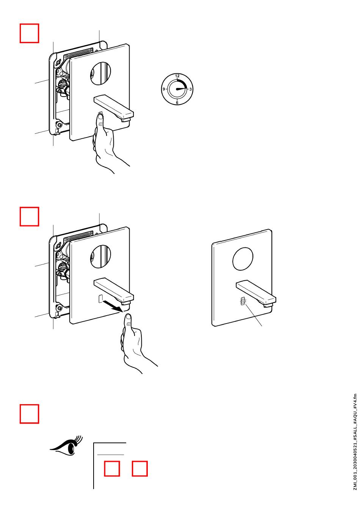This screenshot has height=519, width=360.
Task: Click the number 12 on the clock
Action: pyautogui.click(x=177, y=76)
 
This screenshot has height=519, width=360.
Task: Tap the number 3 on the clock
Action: pyautogui.click(x=191, y=89)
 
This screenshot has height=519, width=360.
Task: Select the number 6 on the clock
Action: pyautogui.click(x=177, y=103)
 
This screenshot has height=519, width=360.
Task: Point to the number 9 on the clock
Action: pyautogui.click(x=164, y=89)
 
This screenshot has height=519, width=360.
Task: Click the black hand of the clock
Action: pyautogui.click(x=181, y=89)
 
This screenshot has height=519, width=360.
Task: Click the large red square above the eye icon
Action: pyautogui.click(x=30, y=414)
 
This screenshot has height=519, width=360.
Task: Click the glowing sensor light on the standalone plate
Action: pyautogui.click(x=243, y=301)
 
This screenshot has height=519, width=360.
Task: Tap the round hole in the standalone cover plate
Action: pyautogui.click(x=243, y=259)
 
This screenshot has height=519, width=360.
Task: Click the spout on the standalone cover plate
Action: pyautogui.click(x=256, y=293)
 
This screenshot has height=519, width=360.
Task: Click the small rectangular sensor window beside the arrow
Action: pyautogui.click(x=100, y=299)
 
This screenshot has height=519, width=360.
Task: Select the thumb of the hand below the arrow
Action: pyautogui.click(x=128, y=322)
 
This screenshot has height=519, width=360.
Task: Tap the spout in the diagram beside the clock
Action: pyautogui.click(x=114, y=107)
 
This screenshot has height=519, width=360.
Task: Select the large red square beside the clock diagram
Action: pyautogui.click(x=30, y=33)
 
